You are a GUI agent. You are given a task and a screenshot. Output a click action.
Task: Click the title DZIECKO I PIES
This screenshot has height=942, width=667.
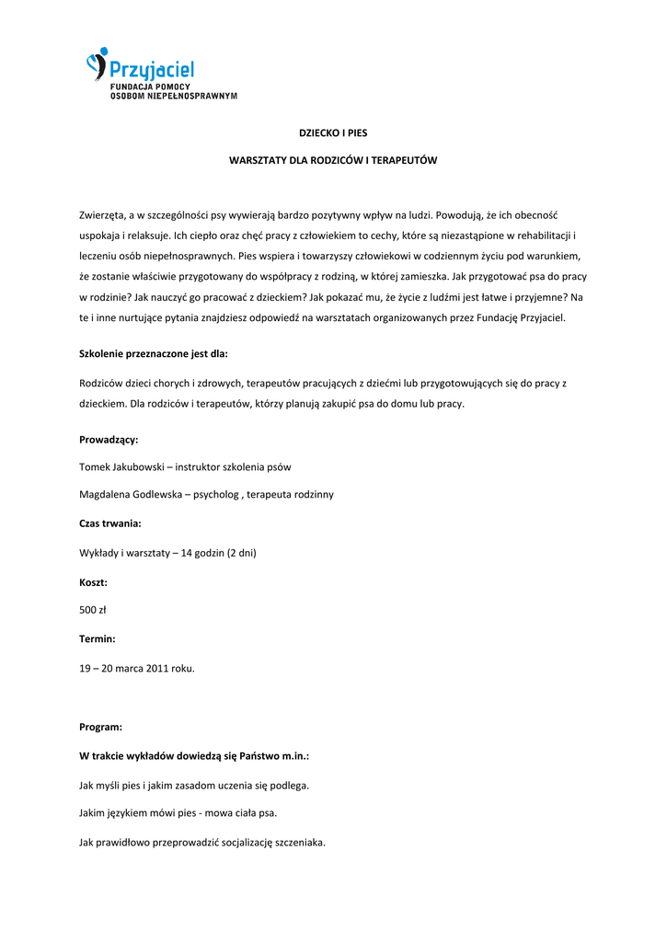pyautogui.click(x=333, y=133)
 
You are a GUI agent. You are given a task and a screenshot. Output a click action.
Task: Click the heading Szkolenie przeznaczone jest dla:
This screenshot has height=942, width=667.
pyautogui.click(x=154, y=353)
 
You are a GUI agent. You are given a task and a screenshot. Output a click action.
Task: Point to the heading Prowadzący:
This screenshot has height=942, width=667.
pyautogui.click(x=109, y=440)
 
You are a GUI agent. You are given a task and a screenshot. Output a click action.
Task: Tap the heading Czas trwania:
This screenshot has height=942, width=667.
pyautogui.click(x=110, y=523)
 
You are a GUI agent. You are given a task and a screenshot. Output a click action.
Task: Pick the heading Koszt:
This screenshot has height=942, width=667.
pyautogui.click(x=94, y=582)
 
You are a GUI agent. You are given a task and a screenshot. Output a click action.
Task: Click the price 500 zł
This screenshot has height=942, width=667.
pyautogui.click(x=94, y=609)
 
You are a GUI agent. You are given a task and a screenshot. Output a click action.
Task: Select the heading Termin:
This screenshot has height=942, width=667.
pyautogui.click(x=98, y=638)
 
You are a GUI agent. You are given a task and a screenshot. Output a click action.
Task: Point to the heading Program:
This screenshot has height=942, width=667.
pyautogui.click(x=101, y=727)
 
